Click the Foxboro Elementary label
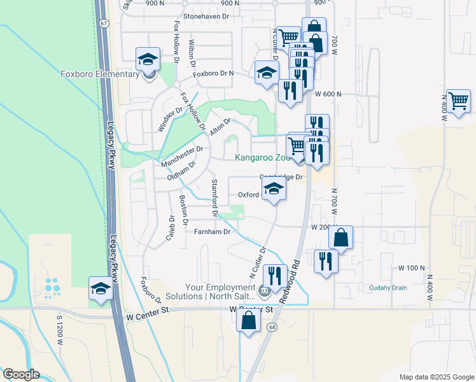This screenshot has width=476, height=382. point(100,74)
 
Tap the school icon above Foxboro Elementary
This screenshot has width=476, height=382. point(148,60)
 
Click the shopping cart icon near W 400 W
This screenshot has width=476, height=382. point(458,100)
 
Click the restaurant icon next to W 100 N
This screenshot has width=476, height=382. point(325,260)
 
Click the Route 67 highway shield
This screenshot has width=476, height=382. point(104,23)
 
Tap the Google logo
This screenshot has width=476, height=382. point(20,374)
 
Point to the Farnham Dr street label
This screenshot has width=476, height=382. point(211,232)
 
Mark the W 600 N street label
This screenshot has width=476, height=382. point(328,94)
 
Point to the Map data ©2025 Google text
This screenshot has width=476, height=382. point(436,377)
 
